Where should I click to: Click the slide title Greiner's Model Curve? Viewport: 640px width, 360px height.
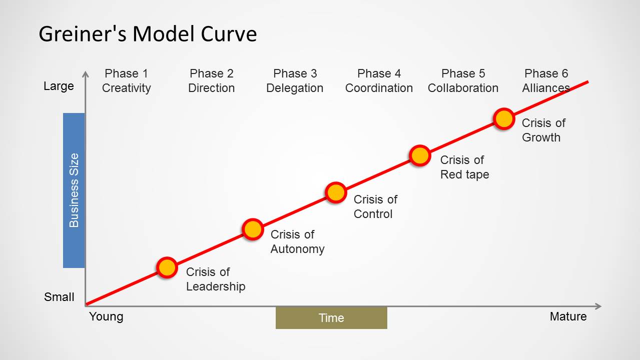point(148,34)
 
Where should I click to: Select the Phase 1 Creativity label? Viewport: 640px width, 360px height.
point(126,81)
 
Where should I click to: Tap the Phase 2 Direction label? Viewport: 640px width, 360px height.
point(211,81)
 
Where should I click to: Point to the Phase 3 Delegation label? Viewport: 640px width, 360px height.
point(295,81)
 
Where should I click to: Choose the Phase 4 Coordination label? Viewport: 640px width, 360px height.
point(379,81)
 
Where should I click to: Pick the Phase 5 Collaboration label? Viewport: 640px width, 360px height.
point(463,81)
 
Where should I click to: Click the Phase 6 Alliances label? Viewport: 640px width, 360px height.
point(546,81)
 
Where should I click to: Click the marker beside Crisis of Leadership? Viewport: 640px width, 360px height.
point(167,267)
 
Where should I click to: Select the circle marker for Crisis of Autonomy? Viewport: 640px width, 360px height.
point(253,229)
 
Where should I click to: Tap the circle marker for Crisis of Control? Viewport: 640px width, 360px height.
point(336,192)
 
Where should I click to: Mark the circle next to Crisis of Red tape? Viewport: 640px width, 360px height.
point(420,155)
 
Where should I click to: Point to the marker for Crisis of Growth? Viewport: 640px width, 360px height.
point(504,118)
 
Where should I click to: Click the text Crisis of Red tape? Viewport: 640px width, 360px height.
point(464,167)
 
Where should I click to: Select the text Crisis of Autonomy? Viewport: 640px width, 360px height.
point(297,241)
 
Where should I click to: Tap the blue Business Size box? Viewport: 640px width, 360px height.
point(74,190)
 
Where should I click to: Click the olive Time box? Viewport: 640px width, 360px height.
point(331,317)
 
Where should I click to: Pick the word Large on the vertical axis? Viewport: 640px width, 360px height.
point(59,86)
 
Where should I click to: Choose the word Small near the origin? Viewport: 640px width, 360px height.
point(59,297)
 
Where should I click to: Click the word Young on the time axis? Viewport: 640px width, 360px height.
point(106,316)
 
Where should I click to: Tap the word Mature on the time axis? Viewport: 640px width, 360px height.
point(568,316)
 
